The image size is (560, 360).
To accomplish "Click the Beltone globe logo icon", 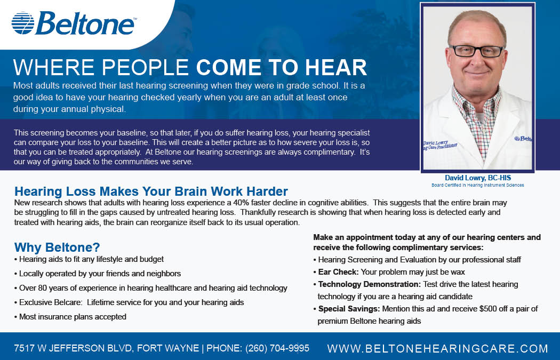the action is pyautogui.click(x=23, y=23).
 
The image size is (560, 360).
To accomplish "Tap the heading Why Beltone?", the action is pyautogui.click(x=57, y=247).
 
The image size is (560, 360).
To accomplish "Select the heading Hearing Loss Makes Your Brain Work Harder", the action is pyautogui.click(x=151, y=191).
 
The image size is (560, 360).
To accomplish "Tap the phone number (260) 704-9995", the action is pyautogui.click(x=277, y=348).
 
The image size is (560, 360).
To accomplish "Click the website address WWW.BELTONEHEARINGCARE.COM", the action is pyautogui.click(x=437, y=348).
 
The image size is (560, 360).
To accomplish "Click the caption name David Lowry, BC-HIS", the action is pyautogui.click(x=478, y=178).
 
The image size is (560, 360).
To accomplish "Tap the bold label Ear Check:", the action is pyautogui.click(x=338, y=272).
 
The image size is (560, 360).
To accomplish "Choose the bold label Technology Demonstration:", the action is pyautogui.click(x=369, y=284).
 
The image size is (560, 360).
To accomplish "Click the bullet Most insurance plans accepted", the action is pyautogui.click(x=70, y=317).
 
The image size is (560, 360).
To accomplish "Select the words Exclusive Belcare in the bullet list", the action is pyautogui.click(x=50, y=302).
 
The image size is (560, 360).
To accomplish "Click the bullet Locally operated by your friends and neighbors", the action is pyautogui.click(x=98, y=274).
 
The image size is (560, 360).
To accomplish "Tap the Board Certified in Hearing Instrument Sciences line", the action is pyautogui.click(x=478, y=185).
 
